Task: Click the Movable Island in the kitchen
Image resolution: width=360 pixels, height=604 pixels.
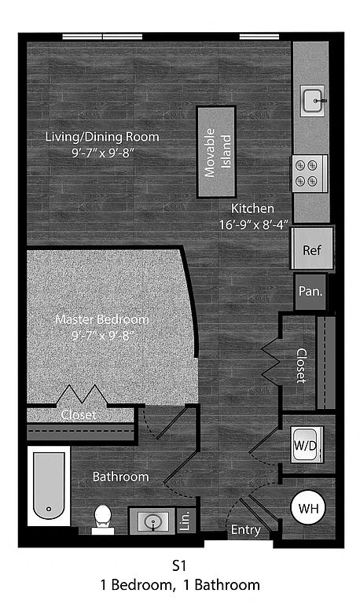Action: pyautogui.click(x=216, y=152)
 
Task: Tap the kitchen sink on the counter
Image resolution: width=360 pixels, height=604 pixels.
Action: pyautogui.click(x=313, y=101)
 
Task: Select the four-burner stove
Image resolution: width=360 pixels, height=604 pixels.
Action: pyautogui.click(x=310, y=173)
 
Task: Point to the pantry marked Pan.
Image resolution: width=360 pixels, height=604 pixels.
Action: pyautogui.click(x=310, y=291)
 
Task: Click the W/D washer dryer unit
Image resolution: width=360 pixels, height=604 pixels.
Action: pyautogui.click(x=307, y=444)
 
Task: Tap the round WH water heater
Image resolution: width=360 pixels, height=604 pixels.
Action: pyautogui.click(x=308, y=508)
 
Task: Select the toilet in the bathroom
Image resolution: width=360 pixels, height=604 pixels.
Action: pyautogui.click(x=103, y=519)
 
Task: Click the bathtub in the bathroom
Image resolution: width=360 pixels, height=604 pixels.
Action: pyautogui.click(x=49, y=486)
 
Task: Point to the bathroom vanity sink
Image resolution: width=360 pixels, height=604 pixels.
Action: pyautogui.click(x=152, y=521)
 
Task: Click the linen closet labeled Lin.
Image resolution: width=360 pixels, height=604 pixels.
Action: pyautogui.click(x=186, y=521)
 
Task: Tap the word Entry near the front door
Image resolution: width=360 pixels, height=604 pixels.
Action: pyautogui.click(x=246, y=530)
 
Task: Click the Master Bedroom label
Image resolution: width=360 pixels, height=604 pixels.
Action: pyautogui.click(x=102, y=319)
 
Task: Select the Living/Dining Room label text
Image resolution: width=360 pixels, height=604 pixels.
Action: pyautogui.click(x=102, y=137)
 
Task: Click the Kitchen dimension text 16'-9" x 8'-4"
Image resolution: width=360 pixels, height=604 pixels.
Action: pyautogui.click(x=254, y=225)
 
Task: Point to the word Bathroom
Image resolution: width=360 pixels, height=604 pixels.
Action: pyautogui.click(x=121, y=477)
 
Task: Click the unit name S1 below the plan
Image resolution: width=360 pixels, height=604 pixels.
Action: pyautogui.click(x=179, y=566)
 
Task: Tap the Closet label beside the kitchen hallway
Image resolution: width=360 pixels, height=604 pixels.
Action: pyautogui.click(x=301, y=366)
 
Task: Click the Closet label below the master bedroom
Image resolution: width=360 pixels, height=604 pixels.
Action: pyautogui.click(x=79, y=415)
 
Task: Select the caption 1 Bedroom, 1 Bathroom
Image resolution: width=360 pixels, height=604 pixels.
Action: pyautogui.click(x=180, y=585)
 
